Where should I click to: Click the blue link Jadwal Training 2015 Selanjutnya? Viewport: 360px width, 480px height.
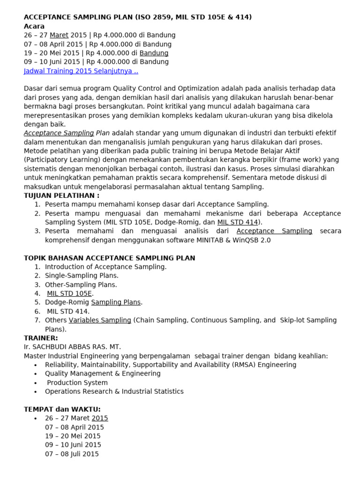pos(81,71)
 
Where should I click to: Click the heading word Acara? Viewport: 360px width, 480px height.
pos(34,26)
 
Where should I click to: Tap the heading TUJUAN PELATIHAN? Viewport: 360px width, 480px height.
pos(61,195)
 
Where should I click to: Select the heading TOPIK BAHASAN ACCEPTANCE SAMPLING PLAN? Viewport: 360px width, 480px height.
pos(109,258)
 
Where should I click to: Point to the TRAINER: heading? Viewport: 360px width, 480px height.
pos(41,338)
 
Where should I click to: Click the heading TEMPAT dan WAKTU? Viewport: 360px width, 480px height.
pos(62,409)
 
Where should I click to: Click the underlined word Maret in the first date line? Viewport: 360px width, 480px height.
pos(59,35)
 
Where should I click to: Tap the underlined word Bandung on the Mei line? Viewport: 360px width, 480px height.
pos(154,53)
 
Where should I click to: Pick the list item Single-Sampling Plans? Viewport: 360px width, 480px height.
pos(82,276)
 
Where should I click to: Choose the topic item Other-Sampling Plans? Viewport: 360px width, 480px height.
pos(81,285)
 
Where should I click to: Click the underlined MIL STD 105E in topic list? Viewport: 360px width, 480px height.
pos(69,293)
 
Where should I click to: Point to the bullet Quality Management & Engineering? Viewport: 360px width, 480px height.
pos(103,374)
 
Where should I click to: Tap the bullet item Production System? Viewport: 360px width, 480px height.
pos(77,382)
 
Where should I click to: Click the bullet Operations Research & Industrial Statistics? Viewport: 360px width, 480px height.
pos(114,391)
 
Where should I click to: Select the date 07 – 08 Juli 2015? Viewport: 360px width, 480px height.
pos(72,454)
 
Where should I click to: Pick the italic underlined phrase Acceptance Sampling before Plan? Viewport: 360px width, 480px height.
pos(59,133)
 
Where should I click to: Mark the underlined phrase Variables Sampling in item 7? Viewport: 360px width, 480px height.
pos(100,320)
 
